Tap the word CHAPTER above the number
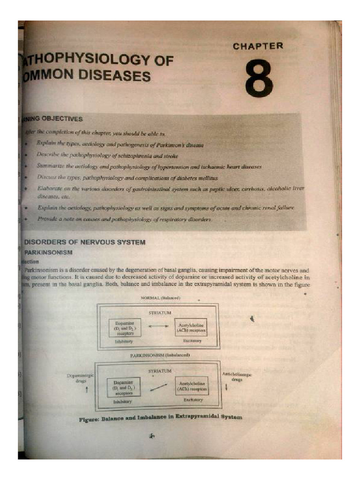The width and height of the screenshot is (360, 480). tap(258, 46)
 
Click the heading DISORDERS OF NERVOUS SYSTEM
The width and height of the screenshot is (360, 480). tap(85, 242)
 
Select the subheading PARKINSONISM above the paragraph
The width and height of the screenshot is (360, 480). tap(48, 252)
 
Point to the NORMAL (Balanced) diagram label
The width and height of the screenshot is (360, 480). tap(160, 298)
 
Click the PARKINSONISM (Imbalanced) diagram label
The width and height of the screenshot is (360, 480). tap(159, 356)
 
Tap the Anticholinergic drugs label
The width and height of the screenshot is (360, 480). tap(234, 376)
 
